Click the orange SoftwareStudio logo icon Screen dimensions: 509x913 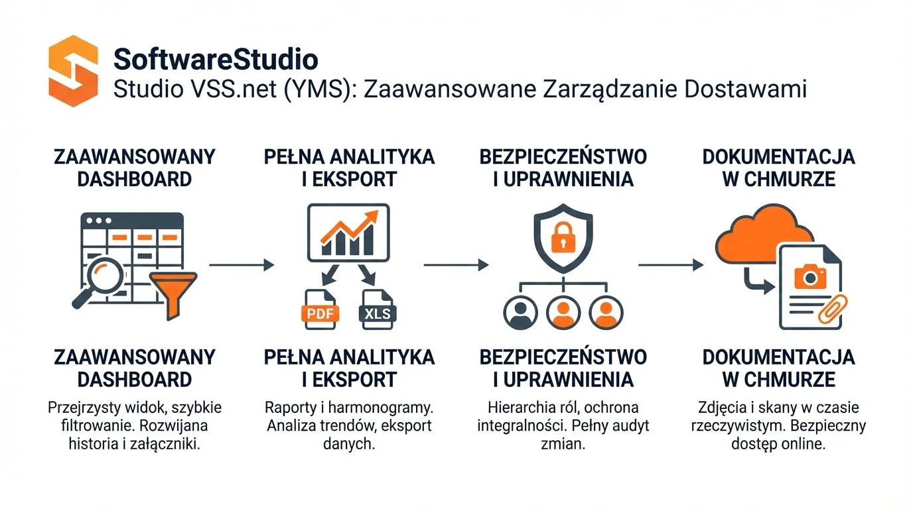73,71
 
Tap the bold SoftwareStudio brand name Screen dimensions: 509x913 216,59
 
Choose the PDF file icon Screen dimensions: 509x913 320,310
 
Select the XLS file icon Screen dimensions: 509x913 378,310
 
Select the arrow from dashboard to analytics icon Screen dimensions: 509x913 242,265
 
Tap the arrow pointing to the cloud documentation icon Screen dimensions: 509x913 670,265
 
